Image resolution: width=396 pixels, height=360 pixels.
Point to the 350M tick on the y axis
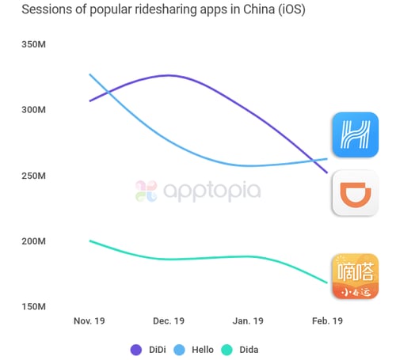tap(35, 44)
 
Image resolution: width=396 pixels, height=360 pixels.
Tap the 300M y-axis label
tap(35, 110)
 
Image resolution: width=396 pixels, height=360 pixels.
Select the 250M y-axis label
tap(35, 176)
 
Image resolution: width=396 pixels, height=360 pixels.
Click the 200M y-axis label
tap(35, 241)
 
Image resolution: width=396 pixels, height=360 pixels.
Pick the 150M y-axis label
tap(35, 307)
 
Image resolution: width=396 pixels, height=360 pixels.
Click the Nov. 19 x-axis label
tap(89, 321)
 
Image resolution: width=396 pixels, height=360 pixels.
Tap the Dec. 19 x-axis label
tap(168, 321)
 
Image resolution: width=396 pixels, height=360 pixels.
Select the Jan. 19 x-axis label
tap(248, 321)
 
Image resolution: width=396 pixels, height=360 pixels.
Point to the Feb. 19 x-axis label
tap(326, 321)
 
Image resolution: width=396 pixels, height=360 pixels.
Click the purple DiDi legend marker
tap(136, 349)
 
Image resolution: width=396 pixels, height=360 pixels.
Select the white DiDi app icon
tap(355, 194)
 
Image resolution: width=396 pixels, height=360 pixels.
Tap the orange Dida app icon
tap(355, 277)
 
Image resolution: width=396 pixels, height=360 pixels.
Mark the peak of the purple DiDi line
tap(168, 75)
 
